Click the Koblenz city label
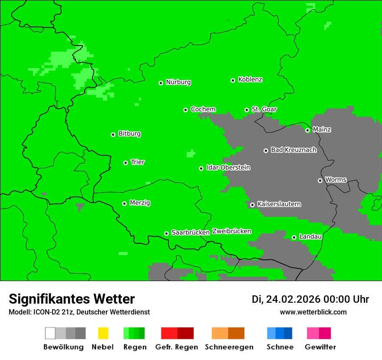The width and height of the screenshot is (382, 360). (250, 79)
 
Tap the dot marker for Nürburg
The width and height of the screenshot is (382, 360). (161, 83)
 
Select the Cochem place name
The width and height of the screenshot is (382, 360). (203, 109)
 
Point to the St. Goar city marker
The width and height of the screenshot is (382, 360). (247, 110)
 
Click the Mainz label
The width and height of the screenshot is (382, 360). (322, 129)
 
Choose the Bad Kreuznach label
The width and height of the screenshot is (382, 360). (293, 150)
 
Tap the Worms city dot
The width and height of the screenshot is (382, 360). (320, 180)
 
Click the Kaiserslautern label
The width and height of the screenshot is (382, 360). (279, 204)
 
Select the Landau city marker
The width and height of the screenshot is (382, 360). (294, 237)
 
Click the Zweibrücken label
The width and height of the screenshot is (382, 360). (231, 231)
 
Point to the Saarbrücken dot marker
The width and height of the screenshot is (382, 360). (166, 233)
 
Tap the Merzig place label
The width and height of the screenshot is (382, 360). (140, 203)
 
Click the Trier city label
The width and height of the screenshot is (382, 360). (138, 162)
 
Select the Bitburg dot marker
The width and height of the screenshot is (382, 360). (113, 134)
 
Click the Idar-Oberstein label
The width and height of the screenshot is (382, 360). (228, 167)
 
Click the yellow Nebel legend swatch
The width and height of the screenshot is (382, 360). (103, 333)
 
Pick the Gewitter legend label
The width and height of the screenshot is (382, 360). (320, 347)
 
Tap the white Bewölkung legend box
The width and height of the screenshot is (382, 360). (50, 333)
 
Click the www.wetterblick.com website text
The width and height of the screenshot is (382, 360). (313, 312)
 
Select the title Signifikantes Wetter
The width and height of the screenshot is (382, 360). (72, 299)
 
